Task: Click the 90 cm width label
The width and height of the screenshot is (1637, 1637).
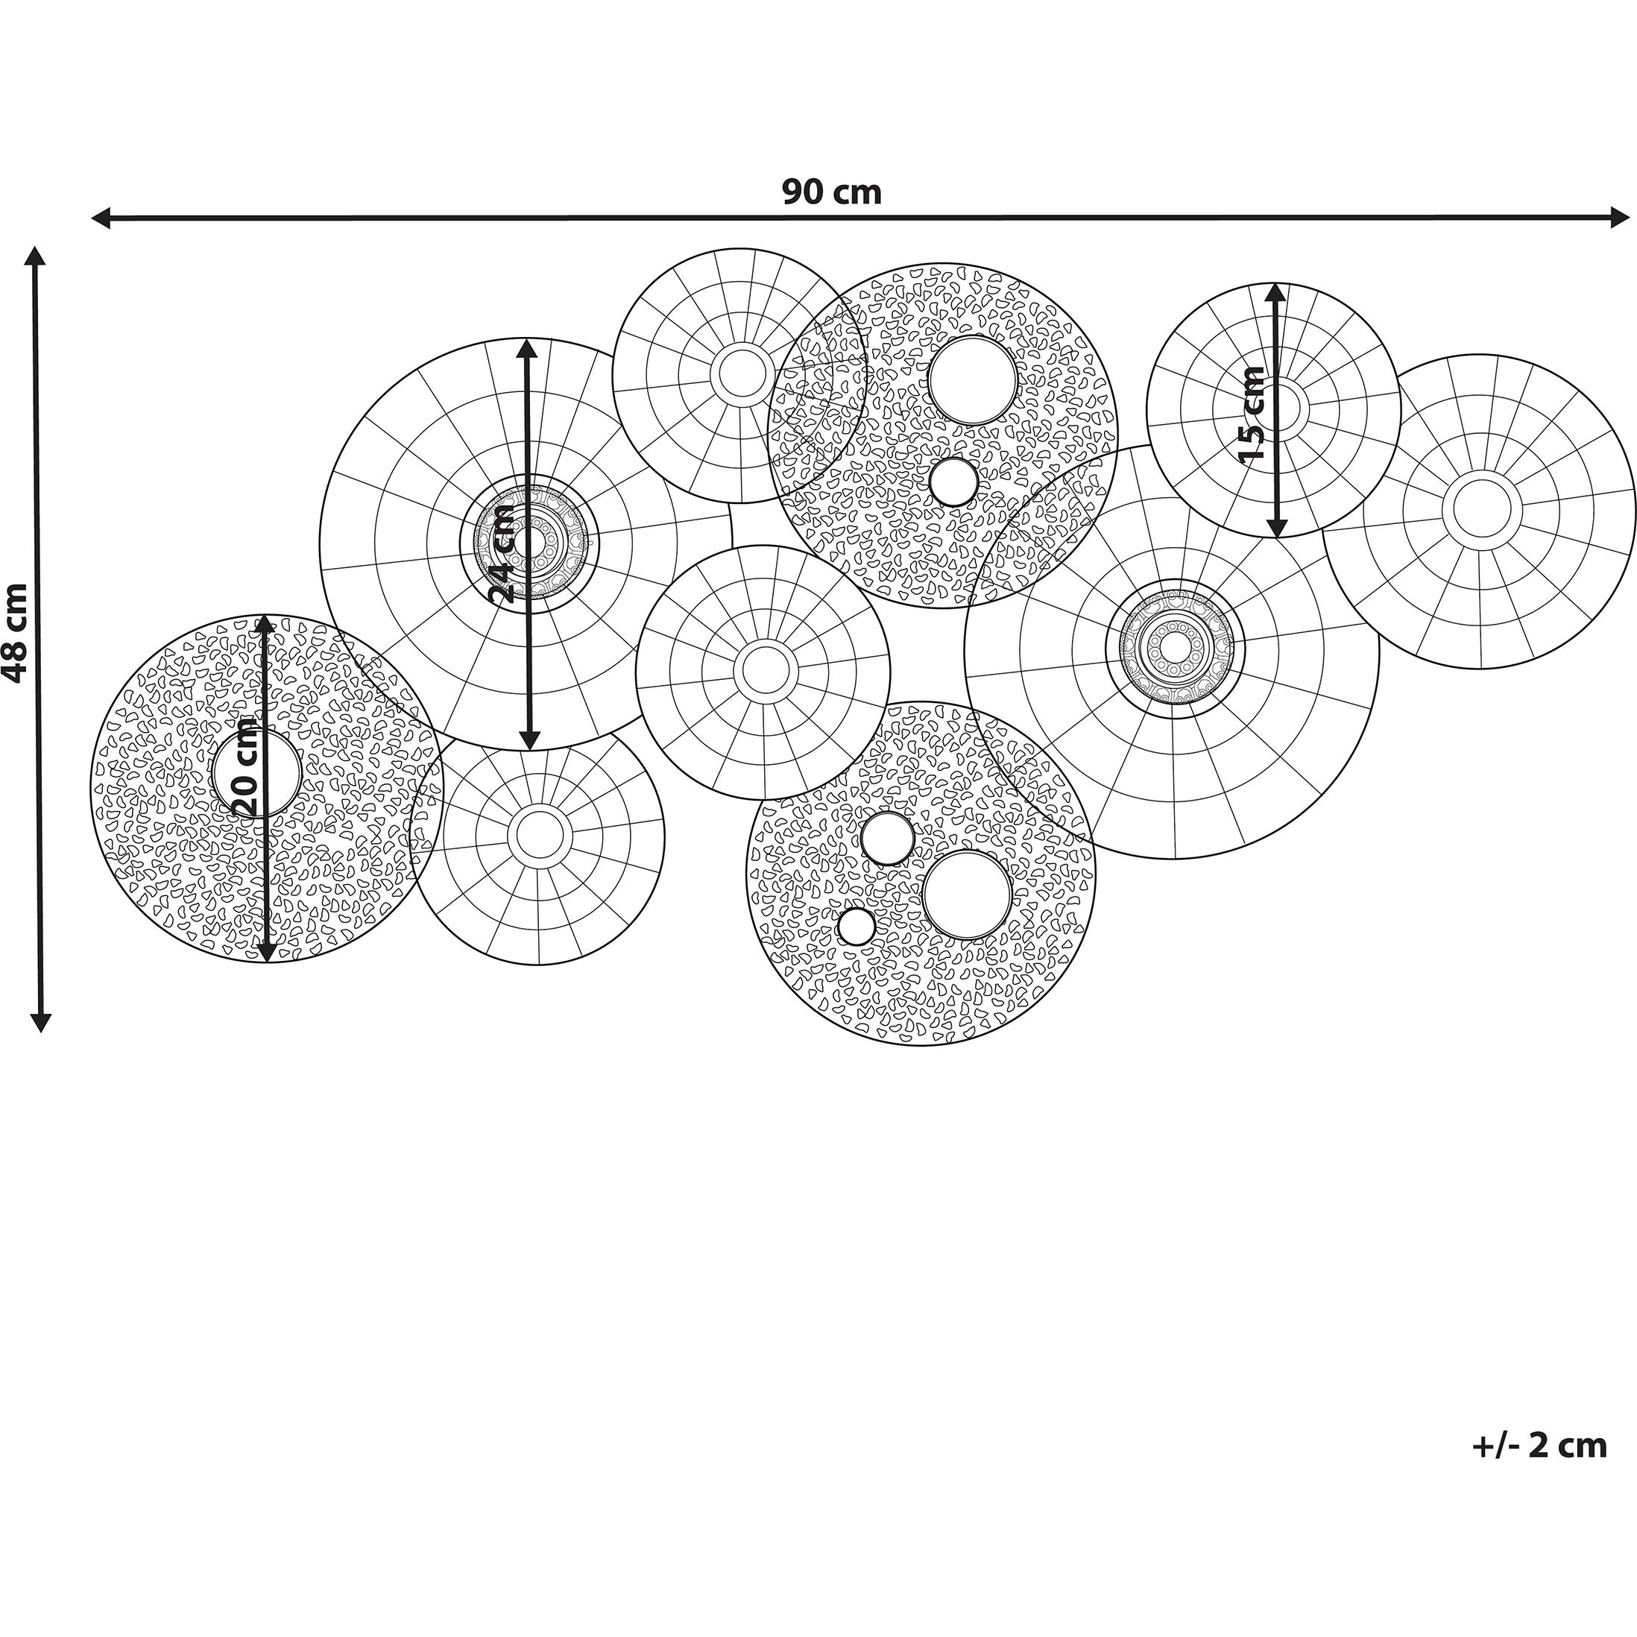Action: (x=831, y=192)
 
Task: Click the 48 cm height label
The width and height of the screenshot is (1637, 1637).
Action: (x=16, y=633)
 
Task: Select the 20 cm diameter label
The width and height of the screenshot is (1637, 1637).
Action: (x=243, y=768)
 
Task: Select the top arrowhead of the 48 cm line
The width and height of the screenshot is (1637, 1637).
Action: (x=35, y=258)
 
